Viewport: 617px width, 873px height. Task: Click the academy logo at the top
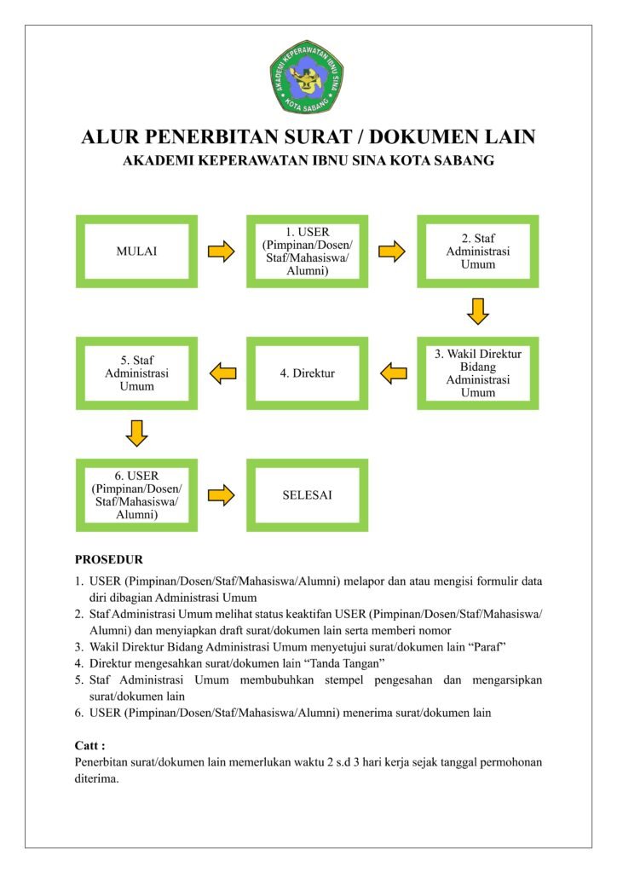pyautogui.click(x=307, y=77)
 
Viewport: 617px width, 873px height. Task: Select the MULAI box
pyautogui.click(x=136, y=251)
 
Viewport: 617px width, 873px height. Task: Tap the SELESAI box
pyautogui.click(x=307, y=494)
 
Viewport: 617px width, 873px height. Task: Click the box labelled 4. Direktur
pyautogui.click(x=307, y=373)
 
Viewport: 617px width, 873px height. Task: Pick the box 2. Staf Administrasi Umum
pyautogui.click(x=477, y=251)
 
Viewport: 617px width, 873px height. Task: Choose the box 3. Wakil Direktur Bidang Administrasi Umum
pyautogui.click(x=477, y=373)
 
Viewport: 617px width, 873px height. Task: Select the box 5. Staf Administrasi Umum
pyautogui.click(x=136, y=373)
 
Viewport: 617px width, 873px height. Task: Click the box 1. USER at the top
pyautogui.click(x=307, y=251)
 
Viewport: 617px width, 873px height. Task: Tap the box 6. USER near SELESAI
pyautogui.click(x=136, y=494)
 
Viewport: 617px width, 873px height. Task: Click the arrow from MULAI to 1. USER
pyautogui.click(x=222, y=251)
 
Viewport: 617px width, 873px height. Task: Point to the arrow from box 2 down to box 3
pyautogui.click(x=477, y=311)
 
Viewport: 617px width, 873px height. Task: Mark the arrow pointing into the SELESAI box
pyautogui.click(x=222, y=494)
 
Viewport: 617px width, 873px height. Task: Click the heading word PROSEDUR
pyautogui.click(x=109, y=560)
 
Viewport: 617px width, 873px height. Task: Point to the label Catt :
pyautogui.click(x=90, y=744)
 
